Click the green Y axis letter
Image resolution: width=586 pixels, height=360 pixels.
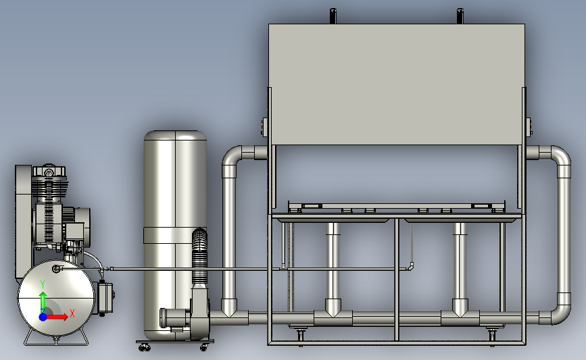pyautogui.click(x=43, y=284)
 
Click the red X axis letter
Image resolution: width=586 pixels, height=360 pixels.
pyautogui.click(x=72, y=313)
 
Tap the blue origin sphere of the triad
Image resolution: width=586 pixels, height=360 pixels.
pyautogui.click(x=43, y=317)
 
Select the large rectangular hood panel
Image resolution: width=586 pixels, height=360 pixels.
pyautogui.click(x=397, y=84)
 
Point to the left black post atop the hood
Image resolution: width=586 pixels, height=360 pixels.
pyautogui.click(x=333, y=16)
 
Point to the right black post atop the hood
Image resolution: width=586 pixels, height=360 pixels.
pyautogui.click(x=460, y=16)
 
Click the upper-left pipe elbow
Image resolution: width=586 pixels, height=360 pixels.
pyautogui.click(x=233, y=157)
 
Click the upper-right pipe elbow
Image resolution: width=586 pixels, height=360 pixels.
pyautogui.click(x=560, y=157)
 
